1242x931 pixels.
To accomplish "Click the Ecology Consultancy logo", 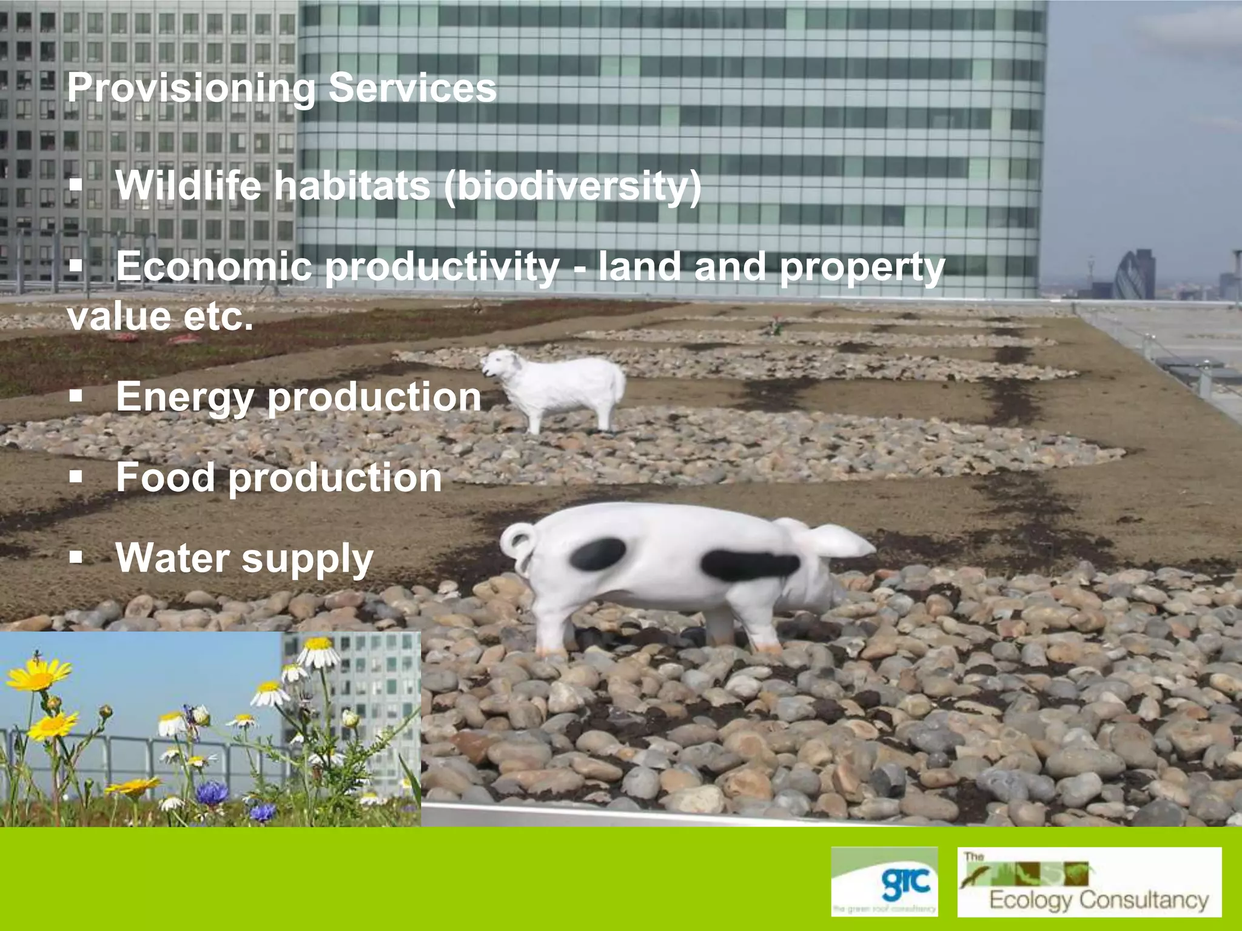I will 1089,882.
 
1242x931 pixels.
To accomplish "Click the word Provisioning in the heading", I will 191,88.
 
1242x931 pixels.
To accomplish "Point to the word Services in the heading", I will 412,87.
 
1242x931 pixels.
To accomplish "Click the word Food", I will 166,477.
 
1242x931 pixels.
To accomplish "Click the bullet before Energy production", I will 76,397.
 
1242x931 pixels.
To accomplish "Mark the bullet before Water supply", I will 76,557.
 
